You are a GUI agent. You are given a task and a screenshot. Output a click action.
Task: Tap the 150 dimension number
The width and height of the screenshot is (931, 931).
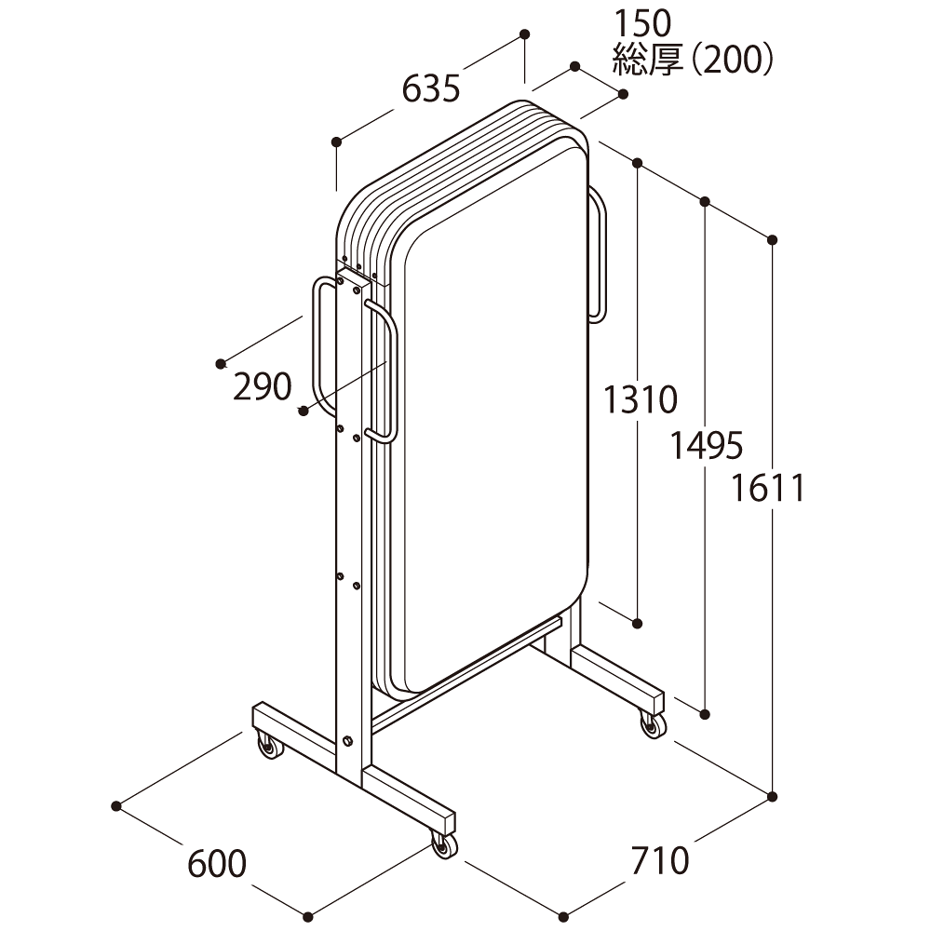[641, 24]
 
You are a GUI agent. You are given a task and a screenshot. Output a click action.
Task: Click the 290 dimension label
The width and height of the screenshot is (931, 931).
[262, 386]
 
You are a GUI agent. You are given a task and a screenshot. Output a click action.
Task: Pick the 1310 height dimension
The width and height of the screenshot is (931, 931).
[641, 399]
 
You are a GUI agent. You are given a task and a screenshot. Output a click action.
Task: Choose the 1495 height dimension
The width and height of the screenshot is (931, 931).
[707, 445]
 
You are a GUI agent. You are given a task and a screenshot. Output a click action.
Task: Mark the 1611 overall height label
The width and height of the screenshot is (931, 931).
[767, 488]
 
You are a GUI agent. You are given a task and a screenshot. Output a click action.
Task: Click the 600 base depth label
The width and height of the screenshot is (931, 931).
[217, 864]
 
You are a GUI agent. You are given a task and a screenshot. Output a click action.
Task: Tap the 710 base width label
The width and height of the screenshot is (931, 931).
[660, 860]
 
